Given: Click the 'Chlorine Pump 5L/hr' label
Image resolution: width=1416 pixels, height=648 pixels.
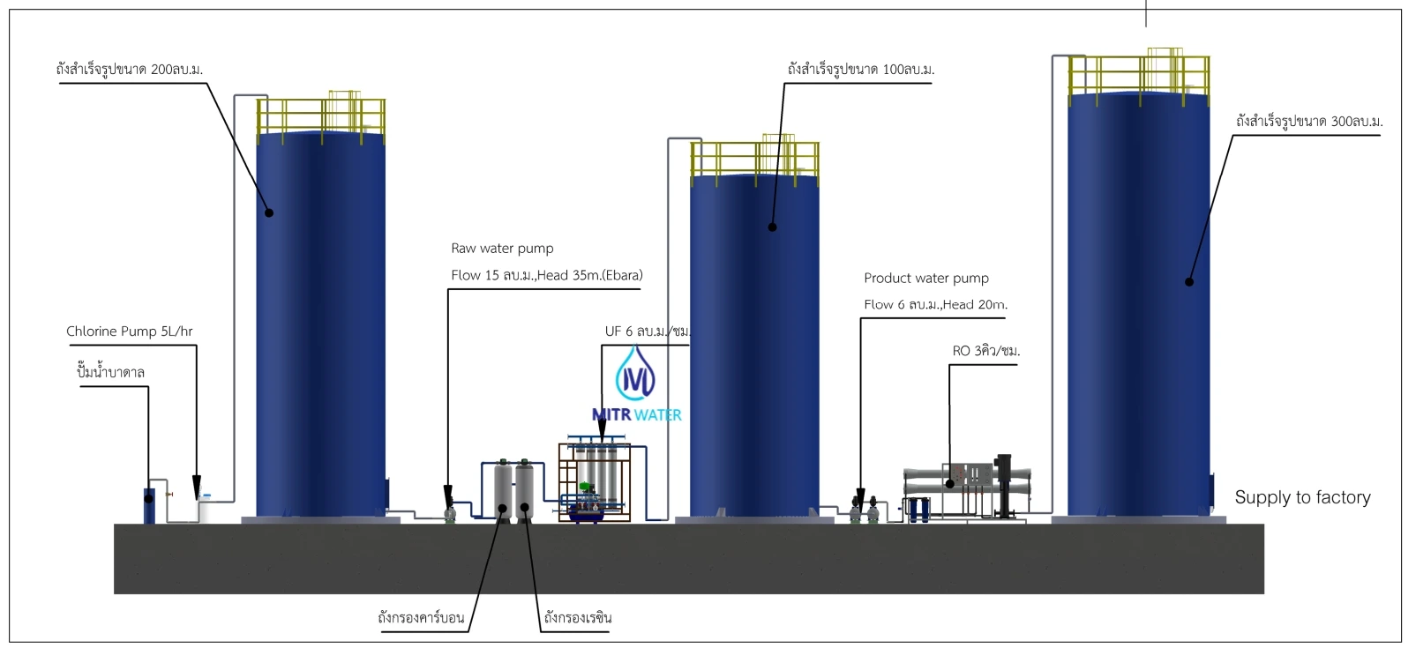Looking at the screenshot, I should pyautogui.click(x=129, y=331).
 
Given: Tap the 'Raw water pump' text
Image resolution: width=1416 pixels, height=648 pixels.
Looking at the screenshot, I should pyautogui.click(x=502, y=249).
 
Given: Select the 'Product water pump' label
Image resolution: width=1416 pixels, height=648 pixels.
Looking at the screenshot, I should pyautogui.click(x=925, y=279).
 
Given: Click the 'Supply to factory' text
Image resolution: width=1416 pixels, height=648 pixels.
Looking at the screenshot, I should pyautogui.click(x=1302, y=497).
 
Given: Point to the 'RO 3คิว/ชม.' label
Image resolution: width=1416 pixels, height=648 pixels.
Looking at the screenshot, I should pyautogui.click(x=985, y=351).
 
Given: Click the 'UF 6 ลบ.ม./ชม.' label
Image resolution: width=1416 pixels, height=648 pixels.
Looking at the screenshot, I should pyautogui.click(x=647, y=331).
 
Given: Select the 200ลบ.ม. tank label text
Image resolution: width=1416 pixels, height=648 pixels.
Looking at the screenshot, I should pyautogui.click(x=130, y=70).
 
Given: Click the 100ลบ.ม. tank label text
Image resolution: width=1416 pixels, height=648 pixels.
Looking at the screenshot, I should pyautogui.click(x=860, y=70).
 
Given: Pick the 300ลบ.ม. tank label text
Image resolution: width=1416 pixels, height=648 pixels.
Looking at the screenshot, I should pyautogui.click(x=1308, y=122).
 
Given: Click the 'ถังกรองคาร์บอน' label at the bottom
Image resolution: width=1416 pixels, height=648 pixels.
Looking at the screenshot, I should pyautogui.click(x=421, y=618).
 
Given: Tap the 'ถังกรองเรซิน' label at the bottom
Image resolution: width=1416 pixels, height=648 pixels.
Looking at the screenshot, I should pyautogui.click(x=577, y=618).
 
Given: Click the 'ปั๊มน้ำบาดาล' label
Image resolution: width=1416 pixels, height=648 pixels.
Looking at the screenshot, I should pyautogui.click(x=110, y=373).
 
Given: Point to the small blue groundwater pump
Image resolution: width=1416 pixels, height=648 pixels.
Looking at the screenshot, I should pyautogui.click(x=149, y=503).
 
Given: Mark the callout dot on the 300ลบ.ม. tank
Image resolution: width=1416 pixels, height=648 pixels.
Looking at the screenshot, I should pyautogui.click(x=1188, y=282).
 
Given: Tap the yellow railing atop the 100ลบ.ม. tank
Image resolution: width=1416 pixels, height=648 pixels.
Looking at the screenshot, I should pyautogui.click(x=754, y=159).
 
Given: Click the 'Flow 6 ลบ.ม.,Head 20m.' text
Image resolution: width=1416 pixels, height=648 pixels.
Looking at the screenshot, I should pyautogui.click(x=935, y=305).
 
